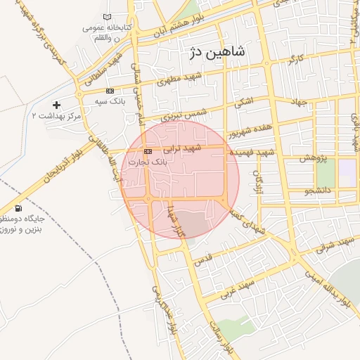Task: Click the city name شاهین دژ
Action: [217, 51]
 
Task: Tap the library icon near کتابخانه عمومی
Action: [107, 17]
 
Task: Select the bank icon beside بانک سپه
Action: [110, 91]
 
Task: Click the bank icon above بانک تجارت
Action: [148, 151]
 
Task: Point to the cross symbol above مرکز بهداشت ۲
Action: [57, 105]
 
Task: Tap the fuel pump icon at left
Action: [18, 208]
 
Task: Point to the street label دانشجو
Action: [319, 190]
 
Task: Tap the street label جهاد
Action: [300, 102]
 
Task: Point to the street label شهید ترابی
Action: [183, 148]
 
